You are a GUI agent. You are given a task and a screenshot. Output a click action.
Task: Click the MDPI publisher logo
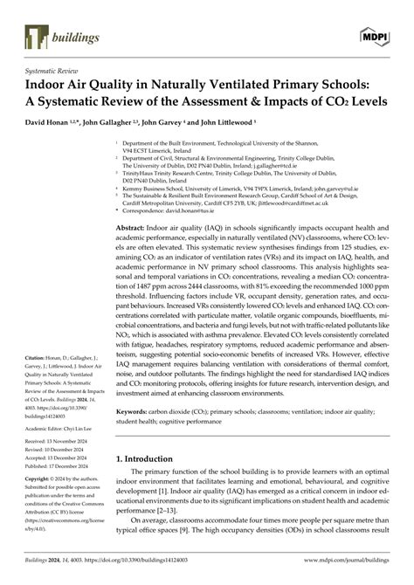373,37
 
